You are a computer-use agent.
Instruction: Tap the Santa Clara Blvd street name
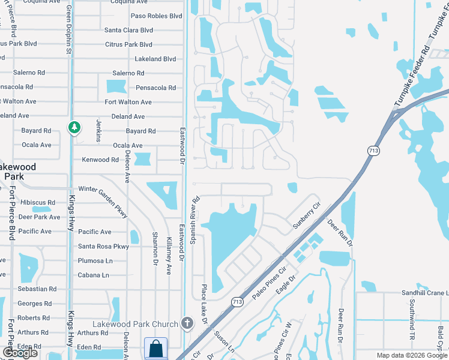(x=128, y=30)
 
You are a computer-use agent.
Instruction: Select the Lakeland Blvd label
(x=155, y=59)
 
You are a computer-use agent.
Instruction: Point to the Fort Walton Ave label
(x=128, y=102)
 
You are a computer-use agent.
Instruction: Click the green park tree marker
(x=74, y=127)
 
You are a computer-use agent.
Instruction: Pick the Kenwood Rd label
(x=100, y=160)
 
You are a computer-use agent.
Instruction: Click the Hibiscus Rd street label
(x=37, y=203)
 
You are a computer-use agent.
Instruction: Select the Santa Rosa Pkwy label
(x=103, y=246)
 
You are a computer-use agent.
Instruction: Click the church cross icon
(x=187, y=324)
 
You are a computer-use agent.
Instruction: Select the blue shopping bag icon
(x=155, y=348)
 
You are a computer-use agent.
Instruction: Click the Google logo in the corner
(x=20, y=353)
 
